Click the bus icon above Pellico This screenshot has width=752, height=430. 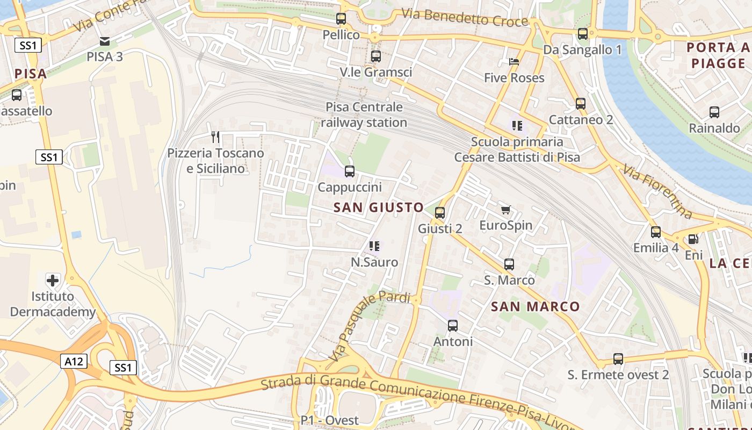tap(341, 19)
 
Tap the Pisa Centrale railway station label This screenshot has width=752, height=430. tap(364, 114)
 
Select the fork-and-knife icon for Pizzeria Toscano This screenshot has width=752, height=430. tap(215, 137)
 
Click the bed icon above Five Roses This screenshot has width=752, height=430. tap(514, 62)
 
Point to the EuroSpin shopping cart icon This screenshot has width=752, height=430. tap(505, 210)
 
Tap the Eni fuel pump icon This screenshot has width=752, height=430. tap(693, 239)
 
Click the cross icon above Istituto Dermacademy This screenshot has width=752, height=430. tap(53, 280)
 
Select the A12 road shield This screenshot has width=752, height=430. tap(73, 361)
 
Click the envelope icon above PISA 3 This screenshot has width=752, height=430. tap(105, 41)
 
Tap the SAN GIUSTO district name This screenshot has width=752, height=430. tap(379, 207)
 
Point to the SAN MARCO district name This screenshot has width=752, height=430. tap(536, 306)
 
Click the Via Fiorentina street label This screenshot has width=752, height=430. tap(658, 192)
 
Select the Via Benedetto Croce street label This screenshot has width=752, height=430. tap(465, 18)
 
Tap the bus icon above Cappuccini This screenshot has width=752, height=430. tap(350, 171)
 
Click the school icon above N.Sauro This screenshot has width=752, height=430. tap(374, 246)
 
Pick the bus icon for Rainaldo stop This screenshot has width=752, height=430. tap(714, 112)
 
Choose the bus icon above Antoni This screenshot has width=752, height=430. tap(453, 325)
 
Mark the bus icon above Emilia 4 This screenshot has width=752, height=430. tap(656, 232)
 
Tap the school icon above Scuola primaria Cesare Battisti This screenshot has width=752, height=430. tap(517, 126)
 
